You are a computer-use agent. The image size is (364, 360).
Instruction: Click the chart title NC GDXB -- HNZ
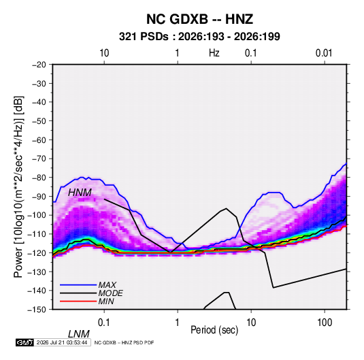pos(199,19)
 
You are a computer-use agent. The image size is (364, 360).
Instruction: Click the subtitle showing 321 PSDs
pos(199,37)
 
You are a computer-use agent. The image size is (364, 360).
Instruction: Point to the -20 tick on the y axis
pos(39,65)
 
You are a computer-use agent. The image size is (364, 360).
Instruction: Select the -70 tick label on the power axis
pos(39,159)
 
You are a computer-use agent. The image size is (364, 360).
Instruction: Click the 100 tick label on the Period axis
pos(325,323)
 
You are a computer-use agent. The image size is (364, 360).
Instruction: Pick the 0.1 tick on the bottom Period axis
pos(104,323)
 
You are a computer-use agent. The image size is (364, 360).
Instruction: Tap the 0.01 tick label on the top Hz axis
pos(324,53)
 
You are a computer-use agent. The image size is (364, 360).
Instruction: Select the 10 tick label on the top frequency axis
pos(104,53)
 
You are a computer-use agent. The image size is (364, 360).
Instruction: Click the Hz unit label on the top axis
pos(214,53)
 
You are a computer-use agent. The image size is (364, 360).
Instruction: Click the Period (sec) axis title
pos(214,330)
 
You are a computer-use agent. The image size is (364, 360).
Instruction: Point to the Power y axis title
pos(18,187)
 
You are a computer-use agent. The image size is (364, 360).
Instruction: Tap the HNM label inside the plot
pos(80,193)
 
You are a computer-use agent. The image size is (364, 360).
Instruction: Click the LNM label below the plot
pos(78,334)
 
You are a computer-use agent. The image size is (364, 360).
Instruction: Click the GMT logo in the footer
pos(24,342)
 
